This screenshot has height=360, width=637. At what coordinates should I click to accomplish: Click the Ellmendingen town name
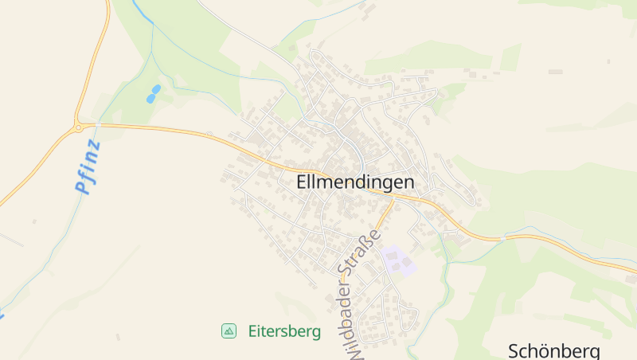355,182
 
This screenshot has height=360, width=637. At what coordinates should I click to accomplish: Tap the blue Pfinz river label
88,168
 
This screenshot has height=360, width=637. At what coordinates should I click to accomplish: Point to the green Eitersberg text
284,331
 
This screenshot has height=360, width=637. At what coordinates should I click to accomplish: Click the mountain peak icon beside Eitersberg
229,331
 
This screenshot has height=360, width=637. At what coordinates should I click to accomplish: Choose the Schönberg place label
553,351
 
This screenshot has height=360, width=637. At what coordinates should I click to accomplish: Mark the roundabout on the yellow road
78,127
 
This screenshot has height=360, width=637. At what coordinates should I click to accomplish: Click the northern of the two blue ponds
156,88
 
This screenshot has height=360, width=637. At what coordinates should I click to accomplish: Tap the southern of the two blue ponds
150,99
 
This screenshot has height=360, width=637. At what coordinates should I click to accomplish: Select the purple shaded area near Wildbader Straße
398,260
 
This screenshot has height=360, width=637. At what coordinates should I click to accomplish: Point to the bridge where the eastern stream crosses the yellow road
503,237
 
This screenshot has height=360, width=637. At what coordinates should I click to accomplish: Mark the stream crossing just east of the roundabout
97,126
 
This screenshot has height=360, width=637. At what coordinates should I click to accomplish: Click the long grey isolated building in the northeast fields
555,72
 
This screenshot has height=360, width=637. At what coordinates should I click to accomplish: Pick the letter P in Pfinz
80,189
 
